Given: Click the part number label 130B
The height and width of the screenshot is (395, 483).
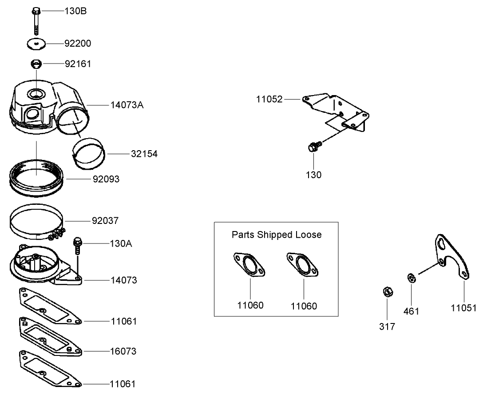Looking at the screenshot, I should tap(76, 11).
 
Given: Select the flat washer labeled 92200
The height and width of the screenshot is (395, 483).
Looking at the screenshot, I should tap(36, 44).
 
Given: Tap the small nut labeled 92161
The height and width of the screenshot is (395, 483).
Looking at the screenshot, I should tap(36, 64).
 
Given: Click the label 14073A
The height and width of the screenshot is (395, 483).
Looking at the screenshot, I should tap(127, 105).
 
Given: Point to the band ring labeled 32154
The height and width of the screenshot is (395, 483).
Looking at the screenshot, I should tap(89, 153).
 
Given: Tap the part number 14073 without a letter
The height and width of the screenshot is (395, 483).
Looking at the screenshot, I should tap(123, 281).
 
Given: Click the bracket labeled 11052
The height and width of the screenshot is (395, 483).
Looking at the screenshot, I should tap(337, 111).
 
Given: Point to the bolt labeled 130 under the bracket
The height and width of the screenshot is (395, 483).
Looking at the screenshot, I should tap(313, 147).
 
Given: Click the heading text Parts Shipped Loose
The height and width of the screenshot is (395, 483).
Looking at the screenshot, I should tap(276, 235).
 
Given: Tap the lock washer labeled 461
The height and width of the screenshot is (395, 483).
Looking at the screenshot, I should tap(411, 279).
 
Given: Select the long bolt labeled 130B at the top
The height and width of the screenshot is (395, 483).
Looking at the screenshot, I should tap(36, 20).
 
